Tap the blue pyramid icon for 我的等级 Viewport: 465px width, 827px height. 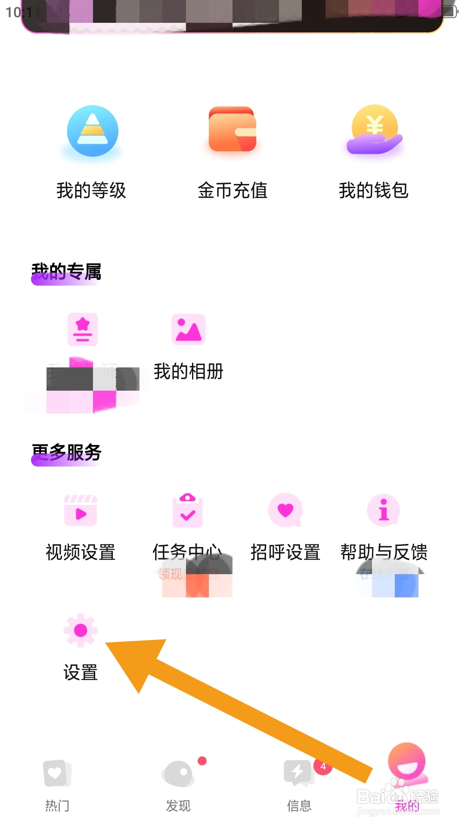pos(93,131)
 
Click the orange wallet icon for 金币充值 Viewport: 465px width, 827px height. pos(232,129)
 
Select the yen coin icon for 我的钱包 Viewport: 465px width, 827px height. pos(375,129)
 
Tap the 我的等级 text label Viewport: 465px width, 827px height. pos(91,190)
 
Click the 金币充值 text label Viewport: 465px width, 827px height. pos(232,190)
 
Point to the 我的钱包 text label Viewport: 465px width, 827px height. pos(373,190)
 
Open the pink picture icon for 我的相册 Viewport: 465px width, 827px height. pos(188,330)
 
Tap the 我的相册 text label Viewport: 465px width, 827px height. pos(188,371)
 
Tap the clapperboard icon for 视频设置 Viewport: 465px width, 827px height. pos(81,510)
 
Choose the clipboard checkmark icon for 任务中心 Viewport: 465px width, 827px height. pos(187,510)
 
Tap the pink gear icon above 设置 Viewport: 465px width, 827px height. pos(81,631)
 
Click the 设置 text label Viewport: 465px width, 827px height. pos(81,672)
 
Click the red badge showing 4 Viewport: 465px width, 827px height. pos(323,767)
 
